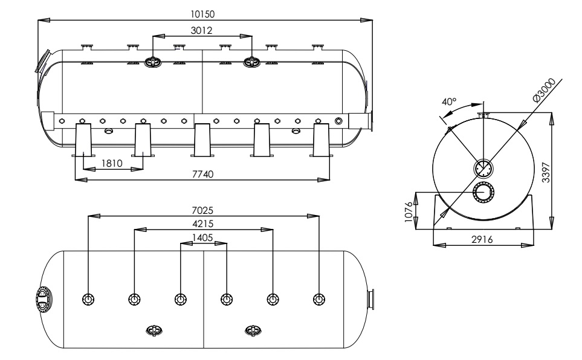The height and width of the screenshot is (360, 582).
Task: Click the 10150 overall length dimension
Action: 202,14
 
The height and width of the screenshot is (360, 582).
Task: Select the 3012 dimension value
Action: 201,30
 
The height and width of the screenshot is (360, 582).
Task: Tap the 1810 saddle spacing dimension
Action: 112,163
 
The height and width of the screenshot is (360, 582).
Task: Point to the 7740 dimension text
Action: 202,174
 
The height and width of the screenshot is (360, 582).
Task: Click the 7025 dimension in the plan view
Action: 202,210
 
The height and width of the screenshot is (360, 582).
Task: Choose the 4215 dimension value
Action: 202,224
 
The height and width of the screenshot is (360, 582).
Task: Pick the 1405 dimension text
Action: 202,237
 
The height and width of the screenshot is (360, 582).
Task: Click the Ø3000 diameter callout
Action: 544,90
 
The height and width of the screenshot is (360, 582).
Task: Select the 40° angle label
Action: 450,101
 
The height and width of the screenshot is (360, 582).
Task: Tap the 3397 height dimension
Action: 545,173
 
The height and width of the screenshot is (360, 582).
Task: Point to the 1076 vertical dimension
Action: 409,212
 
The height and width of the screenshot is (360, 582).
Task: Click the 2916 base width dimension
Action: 482,239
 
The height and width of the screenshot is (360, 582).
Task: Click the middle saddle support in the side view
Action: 202,140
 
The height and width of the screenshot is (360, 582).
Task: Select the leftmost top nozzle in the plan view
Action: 88,299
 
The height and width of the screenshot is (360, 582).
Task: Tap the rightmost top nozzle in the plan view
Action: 319,299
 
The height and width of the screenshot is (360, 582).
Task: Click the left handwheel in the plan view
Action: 154,330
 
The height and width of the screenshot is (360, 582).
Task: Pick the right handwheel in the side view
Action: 251,62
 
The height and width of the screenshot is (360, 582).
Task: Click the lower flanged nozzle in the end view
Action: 483,193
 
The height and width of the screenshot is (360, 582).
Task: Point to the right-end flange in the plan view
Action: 370,299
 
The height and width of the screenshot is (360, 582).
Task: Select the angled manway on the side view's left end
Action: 43,61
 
